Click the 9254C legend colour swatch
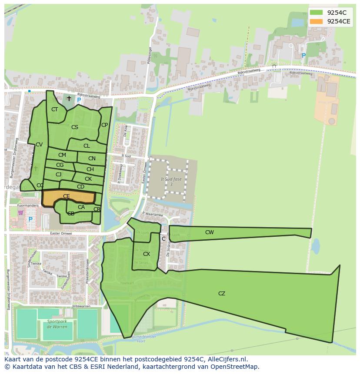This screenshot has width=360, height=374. click(x=317, y=12)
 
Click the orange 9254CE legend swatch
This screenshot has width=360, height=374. click(x=317, y=21)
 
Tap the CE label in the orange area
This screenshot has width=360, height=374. click(x=66, y=196)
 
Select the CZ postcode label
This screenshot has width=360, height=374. click(x=222, y=294)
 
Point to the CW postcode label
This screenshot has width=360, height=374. click(x=210, y=232)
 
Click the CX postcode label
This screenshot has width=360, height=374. click(x=147, y=254)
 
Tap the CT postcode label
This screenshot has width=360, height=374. click(x=54, y=109)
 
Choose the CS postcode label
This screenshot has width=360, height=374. click(x=75, y=127)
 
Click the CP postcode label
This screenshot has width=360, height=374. click(x=104, y=125)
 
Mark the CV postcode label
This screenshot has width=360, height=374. click(x=39, y=145)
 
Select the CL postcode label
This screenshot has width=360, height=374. click(x=87, y=146)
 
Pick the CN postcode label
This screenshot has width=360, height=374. click(x=92, y=159)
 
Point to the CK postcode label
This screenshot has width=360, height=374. click(x=88, y=179)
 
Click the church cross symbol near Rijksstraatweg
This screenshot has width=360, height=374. click(x=69, y=99)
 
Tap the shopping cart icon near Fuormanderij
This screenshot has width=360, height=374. click(x=20, y=212)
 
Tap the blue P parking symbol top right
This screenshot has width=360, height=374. click(x=303, y=56)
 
